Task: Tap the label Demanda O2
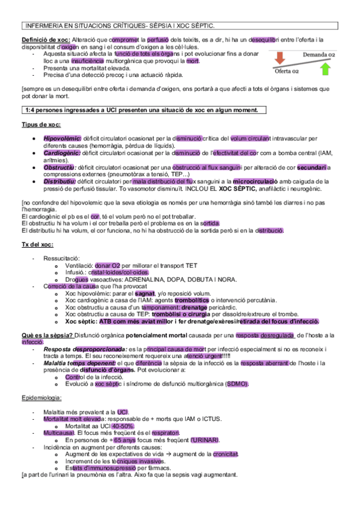[319, 55]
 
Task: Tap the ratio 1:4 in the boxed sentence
[31, 110]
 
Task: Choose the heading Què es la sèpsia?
[45, 335]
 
